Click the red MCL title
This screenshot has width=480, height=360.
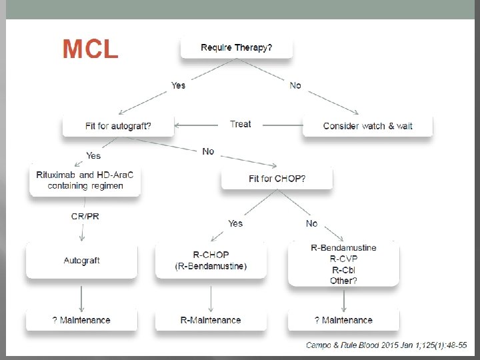pyautogui.click(x=90, y=49)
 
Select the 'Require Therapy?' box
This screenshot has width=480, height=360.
pyautogui.click(x=236, y=48)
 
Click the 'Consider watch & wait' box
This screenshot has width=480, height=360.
pyautogui.click(x=367, y=125)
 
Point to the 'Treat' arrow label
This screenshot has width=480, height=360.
pyautogui.click(x=240, y=124)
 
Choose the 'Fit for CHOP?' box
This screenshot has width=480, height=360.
pyautogui.click(x=277, y=179)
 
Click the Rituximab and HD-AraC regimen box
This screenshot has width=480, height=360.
pyautogui.click(x=85, y=181)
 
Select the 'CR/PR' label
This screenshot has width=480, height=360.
pyautogui.click(x=85, y=217)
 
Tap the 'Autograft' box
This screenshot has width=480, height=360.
pyautogui.click(x=81, y=261)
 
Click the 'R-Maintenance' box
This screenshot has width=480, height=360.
pyautogui.click(x=211, y=321)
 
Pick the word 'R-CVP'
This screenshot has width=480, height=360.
pyautogui.click(x=343, y=259)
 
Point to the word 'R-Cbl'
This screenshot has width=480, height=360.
pyautogui.click(x=343, y=270)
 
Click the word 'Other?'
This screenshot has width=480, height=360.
pyautogui.click(x=343, y=281)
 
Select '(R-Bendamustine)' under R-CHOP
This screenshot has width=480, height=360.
pyautogui.click(x=211, y=267)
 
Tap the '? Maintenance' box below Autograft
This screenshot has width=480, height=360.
pyautogui.click(x=81, y=321)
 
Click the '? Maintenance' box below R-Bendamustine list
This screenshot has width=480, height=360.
pyautogui.click(x=343, y=321)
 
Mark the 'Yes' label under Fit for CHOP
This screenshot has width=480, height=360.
pyautogui.click(x=235, y=223)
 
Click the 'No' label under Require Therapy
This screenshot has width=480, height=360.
pyautogui.click(x=295, y=85)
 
